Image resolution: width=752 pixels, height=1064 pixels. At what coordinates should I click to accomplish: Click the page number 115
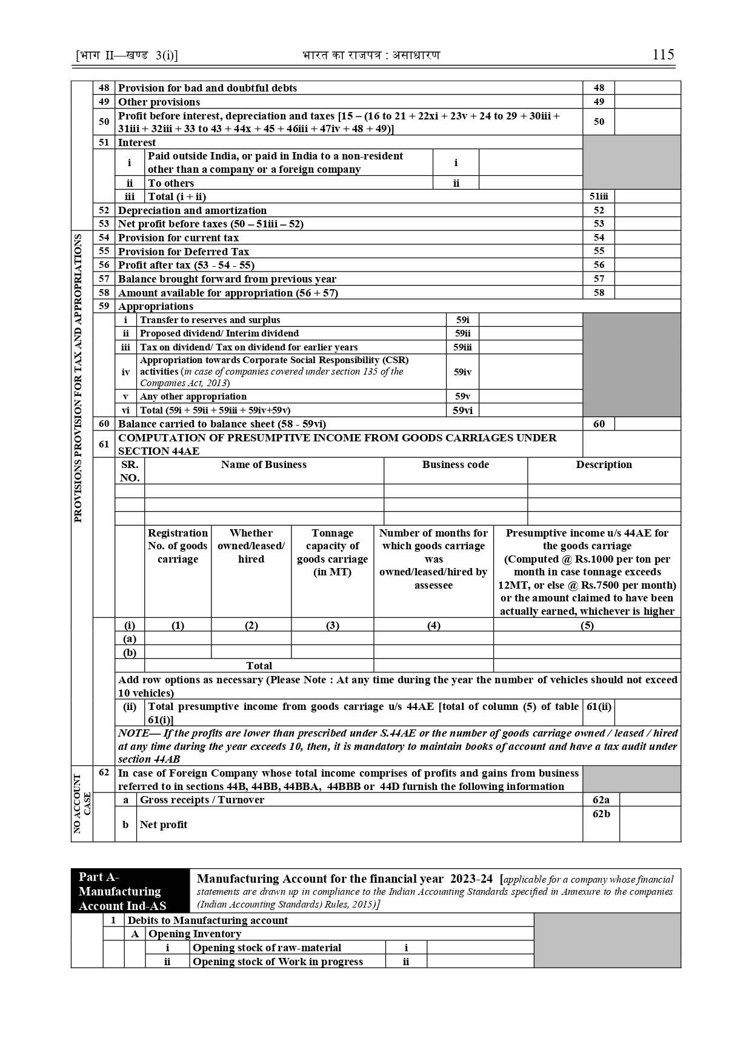tap(663, 55)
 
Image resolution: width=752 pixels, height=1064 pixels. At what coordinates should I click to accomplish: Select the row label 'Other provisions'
tap(159, 102)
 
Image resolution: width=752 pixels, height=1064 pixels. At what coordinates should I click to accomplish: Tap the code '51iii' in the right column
tap(598, 196)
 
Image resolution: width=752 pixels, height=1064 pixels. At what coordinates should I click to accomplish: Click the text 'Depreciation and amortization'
tap(192, 210)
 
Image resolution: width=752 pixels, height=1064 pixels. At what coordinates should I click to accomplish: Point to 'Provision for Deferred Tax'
tap(183, 252)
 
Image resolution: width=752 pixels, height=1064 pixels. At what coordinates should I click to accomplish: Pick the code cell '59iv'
tap(462, 372)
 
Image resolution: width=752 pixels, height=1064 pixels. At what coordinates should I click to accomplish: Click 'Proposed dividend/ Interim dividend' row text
tap(219, 333)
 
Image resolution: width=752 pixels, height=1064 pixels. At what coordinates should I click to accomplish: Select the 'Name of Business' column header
tap(264, 464)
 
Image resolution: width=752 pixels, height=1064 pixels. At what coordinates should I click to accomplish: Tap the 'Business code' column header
tap(455, 464)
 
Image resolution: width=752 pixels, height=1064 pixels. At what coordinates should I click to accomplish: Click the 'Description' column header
tap(604, 464)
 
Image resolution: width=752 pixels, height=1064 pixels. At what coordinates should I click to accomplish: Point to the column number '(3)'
tap(332, 625)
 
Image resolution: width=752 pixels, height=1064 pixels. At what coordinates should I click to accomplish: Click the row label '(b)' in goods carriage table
tap(130, 652)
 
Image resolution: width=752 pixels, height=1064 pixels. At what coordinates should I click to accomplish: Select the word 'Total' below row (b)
tap(259, 666)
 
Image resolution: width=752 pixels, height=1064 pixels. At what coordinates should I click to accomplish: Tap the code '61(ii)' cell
tap(598, 706)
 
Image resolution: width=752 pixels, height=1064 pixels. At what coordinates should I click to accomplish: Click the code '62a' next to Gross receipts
tap(601, 800)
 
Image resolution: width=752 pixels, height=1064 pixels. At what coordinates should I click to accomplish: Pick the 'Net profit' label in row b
tap(163, 825)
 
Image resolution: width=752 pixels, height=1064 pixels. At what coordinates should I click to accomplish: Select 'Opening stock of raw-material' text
tap(267, 948)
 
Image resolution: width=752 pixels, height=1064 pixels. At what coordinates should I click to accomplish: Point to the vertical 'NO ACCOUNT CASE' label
tap(82, 804)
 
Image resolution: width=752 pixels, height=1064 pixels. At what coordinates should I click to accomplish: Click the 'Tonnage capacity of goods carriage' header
tap(332, 552)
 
